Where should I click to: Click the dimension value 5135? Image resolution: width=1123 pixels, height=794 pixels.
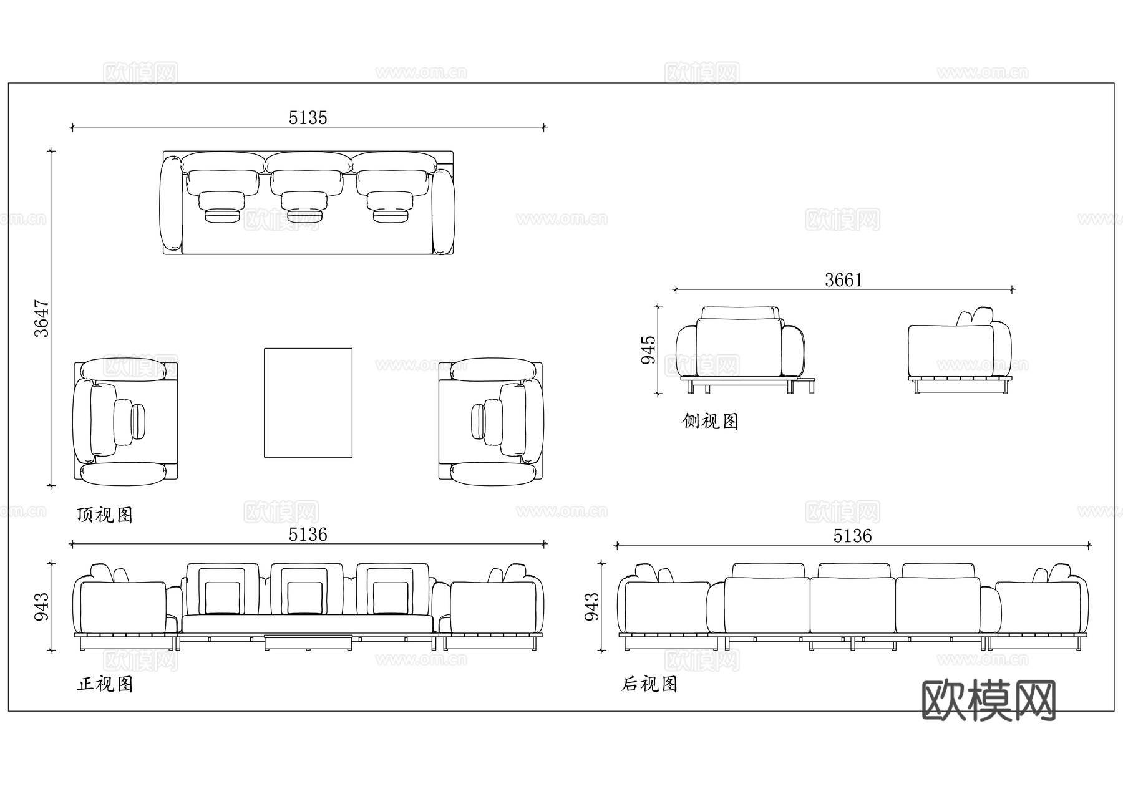[308, 118]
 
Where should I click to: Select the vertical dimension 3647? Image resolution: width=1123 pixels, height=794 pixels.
[41, 318]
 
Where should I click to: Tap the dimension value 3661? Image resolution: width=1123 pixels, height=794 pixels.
[843, 280]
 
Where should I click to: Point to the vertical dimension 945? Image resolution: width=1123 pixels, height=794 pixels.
[649, 349]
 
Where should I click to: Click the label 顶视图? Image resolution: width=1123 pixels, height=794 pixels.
[105, 515]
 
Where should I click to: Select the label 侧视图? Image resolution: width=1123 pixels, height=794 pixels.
[710, 422]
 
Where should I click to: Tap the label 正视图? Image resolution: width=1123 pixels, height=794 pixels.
[105, 684]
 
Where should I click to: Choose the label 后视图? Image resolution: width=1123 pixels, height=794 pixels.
[649, 684]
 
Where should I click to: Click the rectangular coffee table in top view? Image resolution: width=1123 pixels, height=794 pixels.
[308, 403]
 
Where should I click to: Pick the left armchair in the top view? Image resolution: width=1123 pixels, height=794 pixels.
[125, 422]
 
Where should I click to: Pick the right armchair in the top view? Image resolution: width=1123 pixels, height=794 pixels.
[491, 422]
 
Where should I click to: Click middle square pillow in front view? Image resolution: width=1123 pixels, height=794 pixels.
[305, 597]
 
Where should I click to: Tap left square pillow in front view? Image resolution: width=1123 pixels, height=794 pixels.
[222, 597]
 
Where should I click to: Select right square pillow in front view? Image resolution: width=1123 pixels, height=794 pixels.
[391, 597]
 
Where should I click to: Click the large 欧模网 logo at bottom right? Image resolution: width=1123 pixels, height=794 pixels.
[988, 700]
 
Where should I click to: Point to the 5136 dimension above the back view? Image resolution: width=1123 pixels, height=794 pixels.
[852, 536]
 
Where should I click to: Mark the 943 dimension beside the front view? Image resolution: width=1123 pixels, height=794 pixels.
[41, 606]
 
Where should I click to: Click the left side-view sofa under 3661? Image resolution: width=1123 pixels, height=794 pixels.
[741, 349]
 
